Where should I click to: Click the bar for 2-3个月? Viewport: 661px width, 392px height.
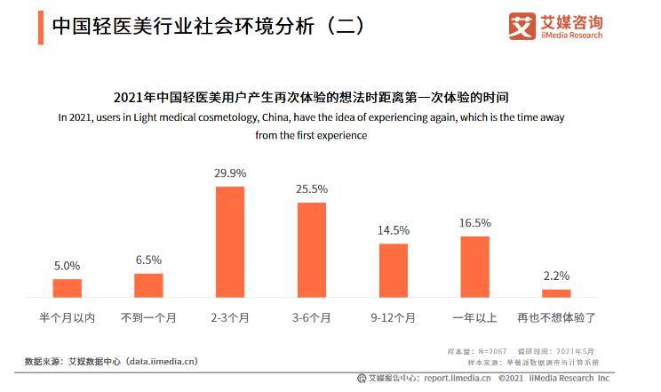230,242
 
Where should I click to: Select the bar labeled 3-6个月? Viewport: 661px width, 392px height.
312,250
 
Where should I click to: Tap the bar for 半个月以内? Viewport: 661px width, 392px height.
68,288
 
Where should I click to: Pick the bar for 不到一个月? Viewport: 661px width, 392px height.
149,285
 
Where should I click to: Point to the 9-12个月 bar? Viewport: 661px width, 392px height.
394,270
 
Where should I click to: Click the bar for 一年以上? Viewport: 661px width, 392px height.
475,267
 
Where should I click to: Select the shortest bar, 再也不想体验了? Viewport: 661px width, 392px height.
556,292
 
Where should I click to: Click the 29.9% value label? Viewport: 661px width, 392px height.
230,173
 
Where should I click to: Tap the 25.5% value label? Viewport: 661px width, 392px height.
312,189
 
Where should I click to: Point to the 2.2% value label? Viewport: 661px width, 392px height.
556,276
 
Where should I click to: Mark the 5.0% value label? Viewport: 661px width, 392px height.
68,266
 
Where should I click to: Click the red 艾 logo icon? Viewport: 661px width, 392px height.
522,26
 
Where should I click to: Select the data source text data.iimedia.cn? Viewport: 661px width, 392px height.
162,362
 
